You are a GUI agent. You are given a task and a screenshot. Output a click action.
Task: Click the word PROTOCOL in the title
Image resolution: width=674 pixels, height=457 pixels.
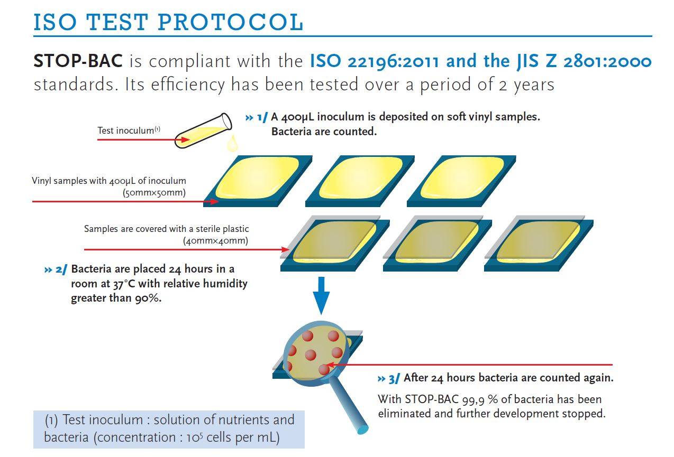pyautogui.click(x=230, y=23)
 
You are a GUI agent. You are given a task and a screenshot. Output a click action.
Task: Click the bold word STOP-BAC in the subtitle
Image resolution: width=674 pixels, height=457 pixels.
pyautogui.click(x=78, y=61)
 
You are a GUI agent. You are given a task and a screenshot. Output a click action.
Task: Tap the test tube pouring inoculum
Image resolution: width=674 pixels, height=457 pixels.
pyautogui.click(x=203, y=130)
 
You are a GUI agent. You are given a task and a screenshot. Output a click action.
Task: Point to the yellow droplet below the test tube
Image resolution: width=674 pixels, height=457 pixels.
pyautogui.click(x=232, y=143)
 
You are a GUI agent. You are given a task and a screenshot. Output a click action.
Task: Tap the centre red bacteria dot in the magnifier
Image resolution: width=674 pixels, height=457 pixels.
pyautogui.click(x=310, y=355)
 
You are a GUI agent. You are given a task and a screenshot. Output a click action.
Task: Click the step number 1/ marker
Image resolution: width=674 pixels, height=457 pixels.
pyautogui.click(x=262, y=117)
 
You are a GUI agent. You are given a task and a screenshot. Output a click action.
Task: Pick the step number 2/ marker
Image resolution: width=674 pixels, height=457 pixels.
pyautogui.click(x=61, y=269)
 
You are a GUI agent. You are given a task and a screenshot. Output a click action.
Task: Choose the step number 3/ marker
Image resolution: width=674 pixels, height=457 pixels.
pyautogui.click(x=394, y=379)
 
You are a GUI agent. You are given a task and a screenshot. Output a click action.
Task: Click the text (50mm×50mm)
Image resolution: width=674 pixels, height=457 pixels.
pyautogui.click(x=154, y=193)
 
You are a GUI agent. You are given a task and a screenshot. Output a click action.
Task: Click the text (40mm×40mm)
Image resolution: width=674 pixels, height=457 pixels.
pyautogui.click(x=215, y=241)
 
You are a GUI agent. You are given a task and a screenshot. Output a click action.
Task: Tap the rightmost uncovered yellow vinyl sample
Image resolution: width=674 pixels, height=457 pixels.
pyautogui.click(x=461, y=181)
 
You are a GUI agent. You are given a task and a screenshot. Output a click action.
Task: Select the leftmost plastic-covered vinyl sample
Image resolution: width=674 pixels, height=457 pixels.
pyautogui.click(x=335, y=244)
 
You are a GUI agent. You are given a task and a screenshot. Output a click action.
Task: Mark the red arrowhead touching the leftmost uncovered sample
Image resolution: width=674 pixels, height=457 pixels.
pyautogui.click(x=214, y=201)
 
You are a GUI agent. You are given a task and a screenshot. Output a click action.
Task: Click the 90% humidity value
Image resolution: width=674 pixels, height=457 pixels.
pyautogui.click(x=148, y=299)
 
